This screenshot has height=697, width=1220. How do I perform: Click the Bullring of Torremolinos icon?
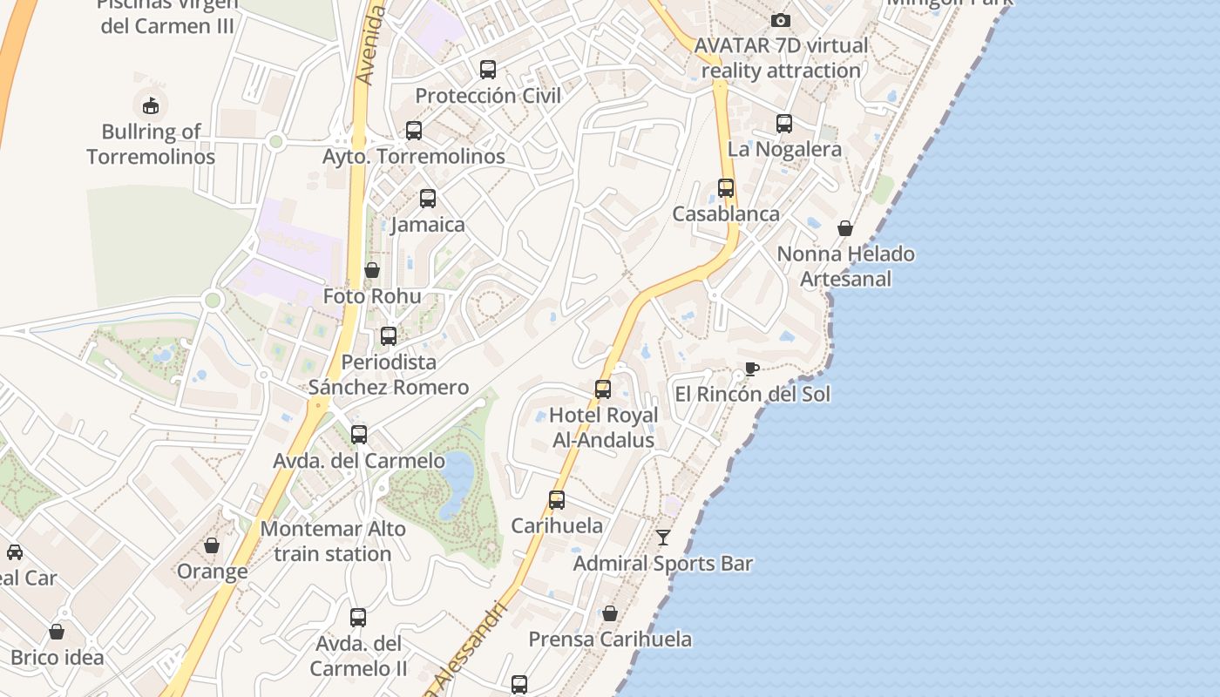click(x=151, y=105)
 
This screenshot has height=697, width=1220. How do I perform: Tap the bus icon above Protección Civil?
click(x=488, y=69)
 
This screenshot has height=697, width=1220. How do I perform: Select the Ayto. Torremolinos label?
click(x=414, y=157)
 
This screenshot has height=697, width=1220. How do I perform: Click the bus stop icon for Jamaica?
click(x=427, y=198)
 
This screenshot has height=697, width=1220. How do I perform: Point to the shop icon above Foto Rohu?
click(x=372, y=270)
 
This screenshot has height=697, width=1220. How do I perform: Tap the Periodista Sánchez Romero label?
click(x=389, y=375)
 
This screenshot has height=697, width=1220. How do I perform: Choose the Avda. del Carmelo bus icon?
click(x=358, y=434)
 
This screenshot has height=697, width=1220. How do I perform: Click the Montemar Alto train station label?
click(x=333, y=541)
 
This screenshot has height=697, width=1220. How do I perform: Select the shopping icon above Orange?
click(x=212, y=545)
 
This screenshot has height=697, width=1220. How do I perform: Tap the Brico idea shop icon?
click(x=57, y=631)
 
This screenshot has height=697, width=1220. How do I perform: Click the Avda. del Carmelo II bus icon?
click(x=357, y=618)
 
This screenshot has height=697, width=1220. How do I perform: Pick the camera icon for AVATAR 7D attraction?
click(x=781, y=20)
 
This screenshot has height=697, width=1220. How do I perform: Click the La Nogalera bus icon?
click(x=784, y=124)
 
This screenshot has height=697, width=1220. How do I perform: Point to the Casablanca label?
click(x=726, y=214)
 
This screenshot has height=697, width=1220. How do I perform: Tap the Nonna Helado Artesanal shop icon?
click(x=845, y=228)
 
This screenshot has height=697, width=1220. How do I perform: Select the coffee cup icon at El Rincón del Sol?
click(x=751, y=369)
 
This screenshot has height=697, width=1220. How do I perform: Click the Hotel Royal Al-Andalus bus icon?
click(x=602, y=389)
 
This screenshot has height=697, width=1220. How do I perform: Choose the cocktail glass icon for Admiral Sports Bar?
click(x=663, y=537)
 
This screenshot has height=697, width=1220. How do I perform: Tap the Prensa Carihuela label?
click(x=610, y=639)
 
